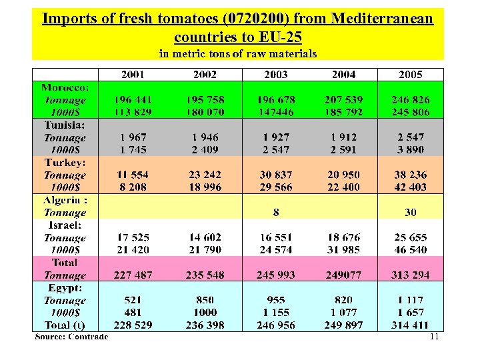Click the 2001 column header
pyautogui.click(x=133, y=75)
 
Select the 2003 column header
pyautogui.click(x=275, y=75)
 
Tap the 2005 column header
pyautogui.click(x=411, y=75)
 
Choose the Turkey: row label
pyautogui.click(x=65, y=163)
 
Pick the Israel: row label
pyautogui.click(x=65, y=225)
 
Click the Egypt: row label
pyautogui.click(x=65, y=288)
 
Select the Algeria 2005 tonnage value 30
pyautogui.click(x=411, y=212)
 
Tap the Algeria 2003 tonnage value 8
pyautogui.click(x=276, y=212)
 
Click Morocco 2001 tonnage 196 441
pyautogui.click(x=133, y=100)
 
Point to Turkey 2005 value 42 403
pyautogui.click(x=411, y=187)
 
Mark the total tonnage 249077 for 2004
pyautogui.click(x=343, y=275)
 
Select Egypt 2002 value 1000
pyautogui.click(x=205, y=313)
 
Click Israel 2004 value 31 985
pyautogui.click(x=343, y=250)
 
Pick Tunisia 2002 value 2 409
pyautogui.click(x=205, y=150)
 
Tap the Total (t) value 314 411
pyautogui.click(x=411, y=325)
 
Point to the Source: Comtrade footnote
pyautogui.click(x=71, y=336)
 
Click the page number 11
pyautogui.click(x=434, y=337)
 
